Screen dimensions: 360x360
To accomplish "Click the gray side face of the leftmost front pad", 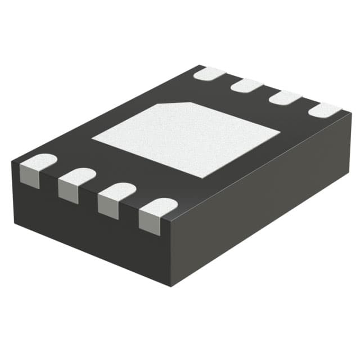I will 30,175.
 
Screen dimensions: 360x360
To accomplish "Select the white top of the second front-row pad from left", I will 76,177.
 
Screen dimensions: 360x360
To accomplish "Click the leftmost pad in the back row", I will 209,73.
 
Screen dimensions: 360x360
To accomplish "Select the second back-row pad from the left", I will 247,85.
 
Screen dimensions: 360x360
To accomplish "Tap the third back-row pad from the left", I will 285,97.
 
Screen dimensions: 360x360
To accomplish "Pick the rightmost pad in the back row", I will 325,110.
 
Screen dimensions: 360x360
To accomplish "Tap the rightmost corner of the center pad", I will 280,133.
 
